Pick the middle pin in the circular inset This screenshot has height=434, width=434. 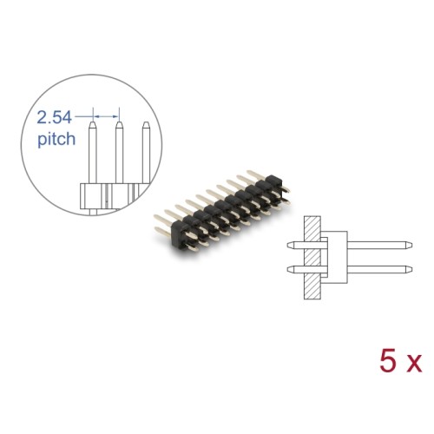click(x=117, y=156)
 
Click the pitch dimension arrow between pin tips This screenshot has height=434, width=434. click(x=103, y=114)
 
